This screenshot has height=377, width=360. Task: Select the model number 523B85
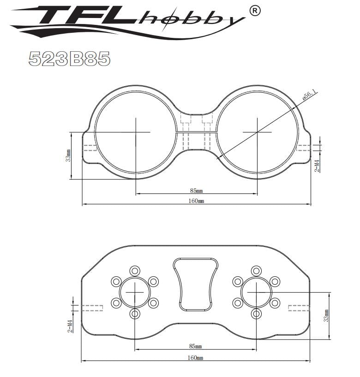click(x=69, y=59)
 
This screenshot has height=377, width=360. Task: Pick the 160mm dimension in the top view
click(x=196, y=201)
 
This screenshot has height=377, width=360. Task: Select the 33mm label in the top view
click(x=68, y=156)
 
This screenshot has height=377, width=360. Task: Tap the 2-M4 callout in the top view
click(x=317, y=166)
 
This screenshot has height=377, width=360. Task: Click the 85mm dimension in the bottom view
click(x=195, y=346)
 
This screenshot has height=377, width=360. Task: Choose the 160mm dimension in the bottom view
click(x=195, y=358)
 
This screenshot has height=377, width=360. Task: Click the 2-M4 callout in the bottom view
click(x=70, y=326)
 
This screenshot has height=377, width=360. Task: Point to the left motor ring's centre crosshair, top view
click(x=136, y=132)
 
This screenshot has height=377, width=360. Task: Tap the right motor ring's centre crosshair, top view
click(x=257, y=132)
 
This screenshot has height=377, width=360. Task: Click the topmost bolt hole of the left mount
click(x=135, y=270)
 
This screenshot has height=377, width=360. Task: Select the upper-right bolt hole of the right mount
click(x=275, y=281)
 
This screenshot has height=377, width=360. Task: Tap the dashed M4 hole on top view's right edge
click(x=303, y=147)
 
